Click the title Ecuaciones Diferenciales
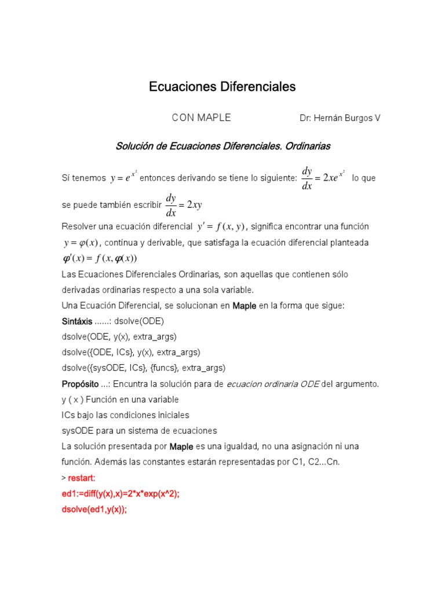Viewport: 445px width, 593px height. (x=222, y=87)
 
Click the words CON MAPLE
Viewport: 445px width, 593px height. (x=201, y=118)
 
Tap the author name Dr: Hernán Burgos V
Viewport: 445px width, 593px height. (x=340, y=118)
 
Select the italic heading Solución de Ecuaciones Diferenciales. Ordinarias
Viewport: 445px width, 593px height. (x=223, y=147)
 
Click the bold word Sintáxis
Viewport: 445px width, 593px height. (x=76, y=321)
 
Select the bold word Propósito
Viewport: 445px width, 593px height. (x=80, y=384)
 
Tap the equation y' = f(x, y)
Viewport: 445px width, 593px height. (x=221, y=226)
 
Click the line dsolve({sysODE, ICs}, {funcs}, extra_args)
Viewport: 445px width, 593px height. (x=143, y=368)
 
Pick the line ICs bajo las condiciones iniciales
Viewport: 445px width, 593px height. (x=125, y=415)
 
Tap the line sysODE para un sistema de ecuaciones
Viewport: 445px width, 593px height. (x=139, y=431)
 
